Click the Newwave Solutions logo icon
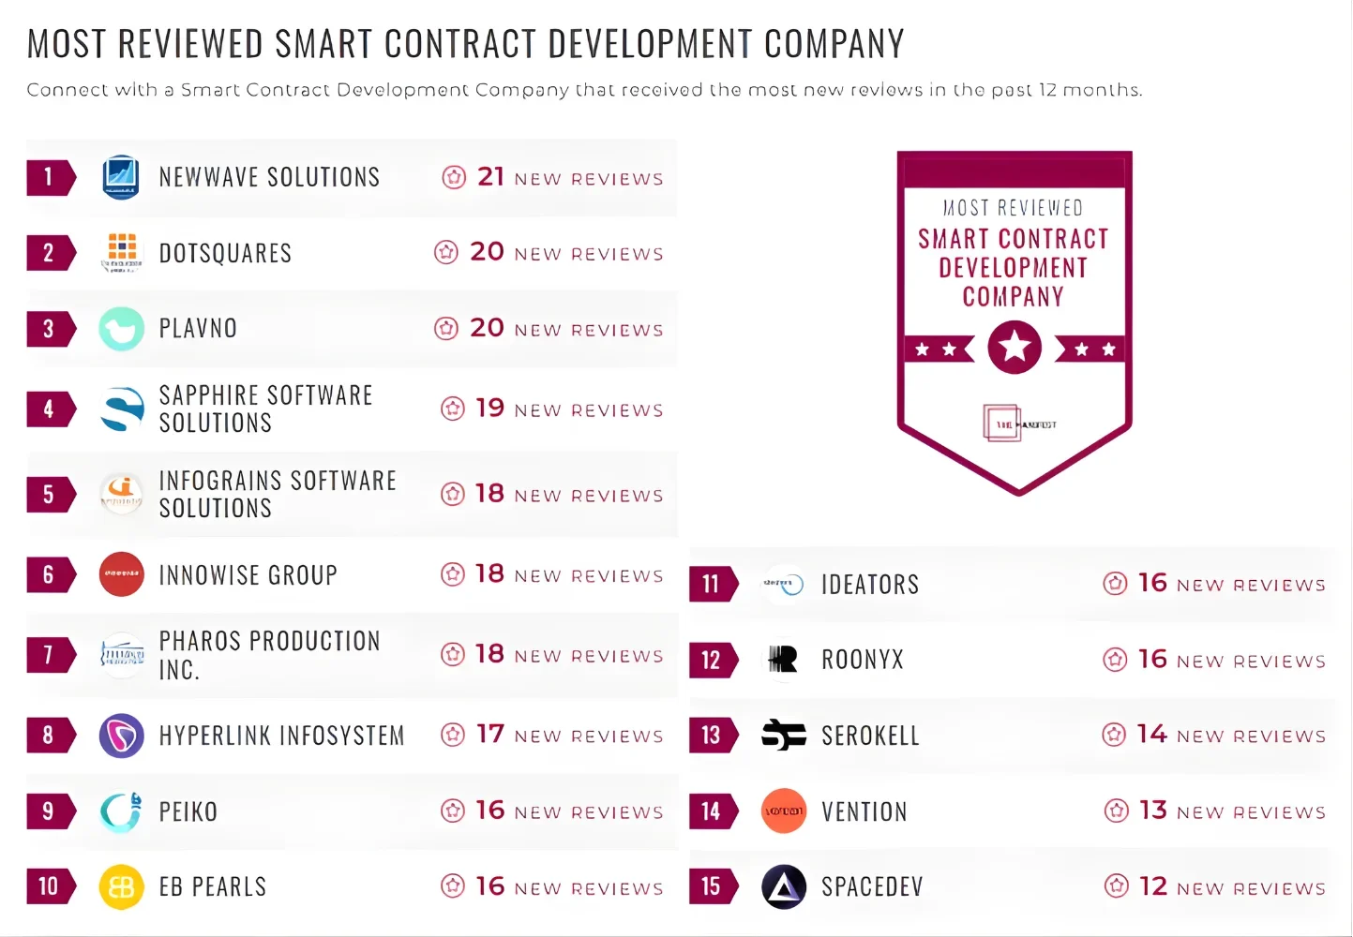(121, 177)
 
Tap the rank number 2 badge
(49, 253)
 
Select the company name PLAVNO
(198, 328)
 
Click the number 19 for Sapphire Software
(489, 409)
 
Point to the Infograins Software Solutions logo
(121, 493)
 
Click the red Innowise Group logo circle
(121, 574)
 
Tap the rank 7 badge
(49, 654)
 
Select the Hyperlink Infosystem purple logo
(121, 736)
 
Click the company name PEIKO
(188, 811)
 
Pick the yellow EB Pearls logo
(121, 887)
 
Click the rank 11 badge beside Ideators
(712, 584)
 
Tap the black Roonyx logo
(783, 660)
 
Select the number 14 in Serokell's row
(1151, 734)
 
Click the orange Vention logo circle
(783, 811)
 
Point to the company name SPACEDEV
(872, 886)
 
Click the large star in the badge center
(1015, 347)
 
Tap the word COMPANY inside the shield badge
(1013, 297)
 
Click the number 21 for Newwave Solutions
(490, 176)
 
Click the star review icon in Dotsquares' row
(446, 252)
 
